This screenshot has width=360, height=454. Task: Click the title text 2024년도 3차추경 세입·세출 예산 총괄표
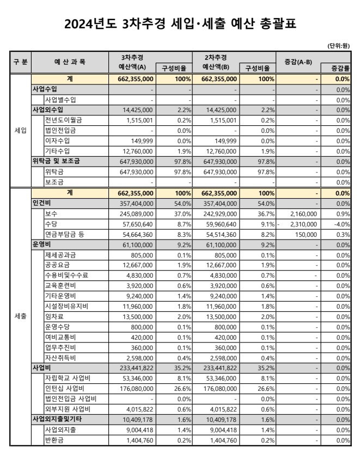(180, 23)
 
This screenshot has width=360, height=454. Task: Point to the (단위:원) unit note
(338, 46)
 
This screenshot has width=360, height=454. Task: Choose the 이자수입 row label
(58, 140)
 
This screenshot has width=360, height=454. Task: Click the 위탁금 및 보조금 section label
(56, 161)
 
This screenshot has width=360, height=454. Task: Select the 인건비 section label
(41, 203)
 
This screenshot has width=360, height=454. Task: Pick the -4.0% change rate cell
(341, 224)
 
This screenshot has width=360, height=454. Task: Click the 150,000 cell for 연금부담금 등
(308, 234)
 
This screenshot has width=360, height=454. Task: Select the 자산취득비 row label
(60, 359)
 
